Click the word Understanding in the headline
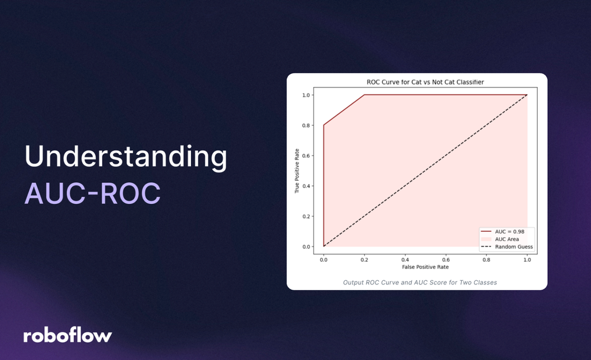(125, 157)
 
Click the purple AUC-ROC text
(92, 193)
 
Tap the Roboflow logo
(67, 335)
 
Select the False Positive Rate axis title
(425, 267)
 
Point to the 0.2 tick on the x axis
(364, 259)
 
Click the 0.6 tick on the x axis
(446, 259)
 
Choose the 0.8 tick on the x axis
(486, 259)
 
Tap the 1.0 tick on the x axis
(527, 259)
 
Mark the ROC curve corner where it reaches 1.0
(364, 95)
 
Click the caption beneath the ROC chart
(420, 283)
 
